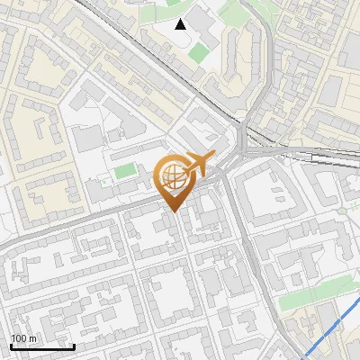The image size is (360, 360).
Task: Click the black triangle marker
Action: [181, 24]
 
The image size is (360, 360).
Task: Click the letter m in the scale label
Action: [33, 338]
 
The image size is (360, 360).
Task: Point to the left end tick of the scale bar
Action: [11, 346]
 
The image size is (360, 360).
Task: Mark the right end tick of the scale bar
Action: [74, 346]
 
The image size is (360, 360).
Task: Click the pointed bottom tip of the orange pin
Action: [170, 211]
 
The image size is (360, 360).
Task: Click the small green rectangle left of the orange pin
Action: [126, 170]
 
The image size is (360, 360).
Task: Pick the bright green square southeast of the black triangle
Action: [197, 53]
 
